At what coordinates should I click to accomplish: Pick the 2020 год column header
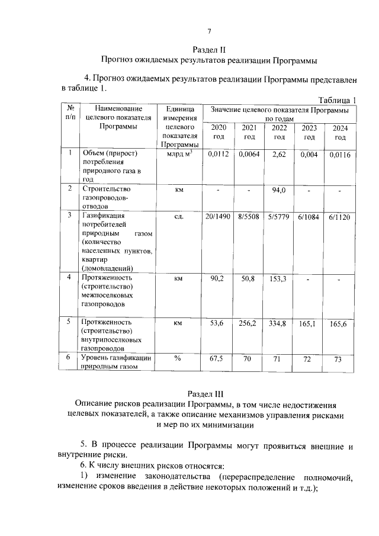(x=219, y=132)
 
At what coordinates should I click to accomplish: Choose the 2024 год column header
(x=340, y=133)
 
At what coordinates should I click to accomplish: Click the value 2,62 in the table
(x=279, y=155)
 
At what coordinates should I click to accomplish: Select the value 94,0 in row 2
(x=279, y=190)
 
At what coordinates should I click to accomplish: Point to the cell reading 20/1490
(x=219, y=217)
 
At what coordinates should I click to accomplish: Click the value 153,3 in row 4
(x=279, y=278)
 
